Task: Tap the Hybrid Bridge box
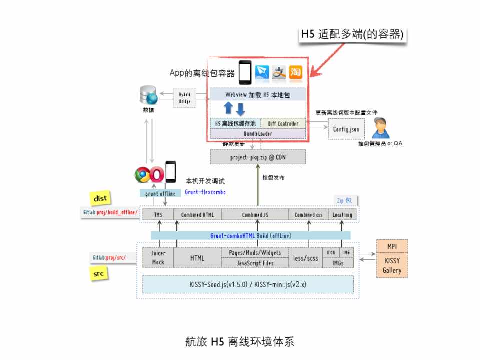point(185,98)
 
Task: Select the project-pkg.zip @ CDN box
point(257,156)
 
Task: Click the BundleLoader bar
point(257,134)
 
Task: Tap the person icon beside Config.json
point(381,128)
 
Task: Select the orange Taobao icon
point(296,73)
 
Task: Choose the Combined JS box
point(255,215)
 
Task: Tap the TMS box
point(158,215)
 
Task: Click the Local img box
point(342,215)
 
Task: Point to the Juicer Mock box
point(158,258)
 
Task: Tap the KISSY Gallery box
point(392,266)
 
